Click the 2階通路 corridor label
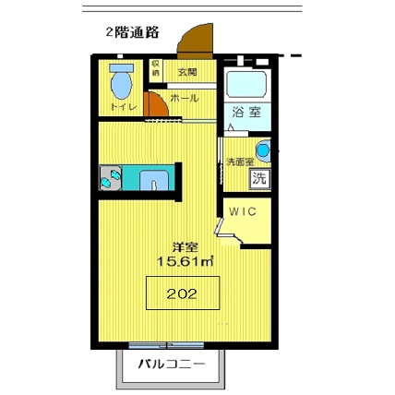click(133, 32)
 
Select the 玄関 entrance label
click(188, 71)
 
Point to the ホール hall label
click(185, 97)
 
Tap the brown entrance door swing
click(197, 42)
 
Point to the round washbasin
click(263, 150)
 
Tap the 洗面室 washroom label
click(240, 162)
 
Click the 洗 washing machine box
click(259, 177)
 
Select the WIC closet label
click(243, 210)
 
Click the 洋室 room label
click(185, 247)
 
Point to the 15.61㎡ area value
click(185, 262)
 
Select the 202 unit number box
click(183, 294)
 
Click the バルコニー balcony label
click(172, 364)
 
